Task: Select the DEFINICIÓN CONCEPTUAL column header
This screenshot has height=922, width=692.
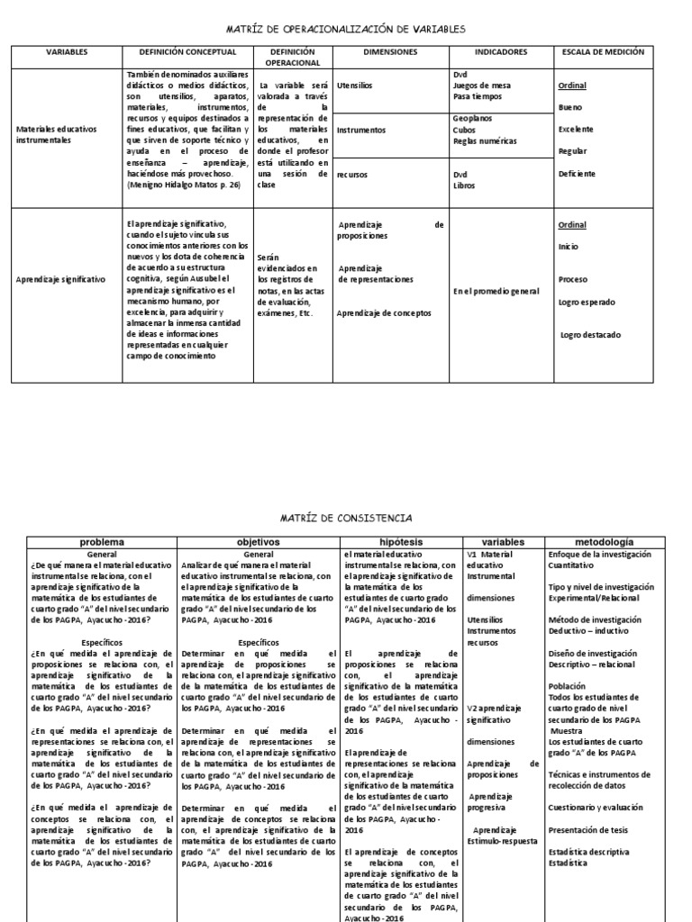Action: tap(187, 53)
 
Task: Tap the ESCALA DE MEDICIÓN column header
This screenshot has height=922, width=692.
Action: tap(602, 53)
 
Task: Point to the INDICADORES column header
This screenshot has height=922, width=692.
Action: tap(501, 53)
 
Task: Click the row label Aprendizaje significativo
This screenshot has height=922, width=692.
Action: tap(60, 280)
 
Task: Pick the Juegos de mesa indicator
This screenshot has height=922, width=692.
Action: tap(481, 85)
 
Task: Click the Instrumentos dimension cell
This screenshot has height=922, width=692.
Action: tap(360, 130)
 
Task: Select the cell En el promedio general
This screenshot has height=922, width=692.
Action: tap(496, 291)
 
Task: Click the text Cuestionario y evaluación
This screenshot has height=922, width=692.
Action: tap(596, 807)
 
